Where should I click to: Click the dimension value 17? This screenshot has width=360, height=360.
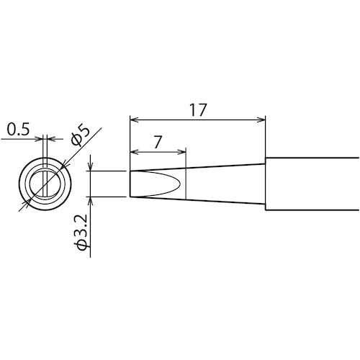198,110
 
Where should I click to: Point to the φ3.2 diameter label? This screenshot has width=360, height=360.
82,231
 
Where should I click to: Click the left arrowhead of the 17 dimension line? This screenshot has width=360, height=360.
133,119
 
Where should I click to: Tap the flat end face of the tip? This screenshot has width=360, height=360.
130,183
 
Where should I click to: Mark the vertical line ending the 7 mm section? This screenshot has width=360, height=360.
186,184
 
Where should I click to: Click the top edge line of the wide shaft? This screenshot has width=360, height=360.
313,158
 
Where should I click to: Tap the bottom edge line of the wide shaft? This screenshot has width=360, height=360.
313,210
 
